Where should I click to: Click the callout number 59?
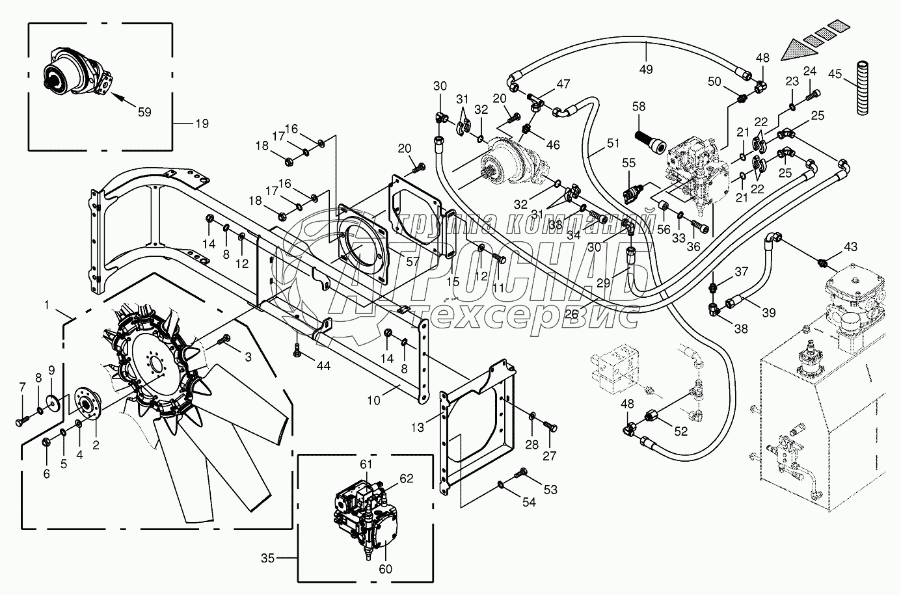pyautogui.click(x=144, y=112)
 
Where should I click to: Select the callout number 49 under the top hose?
pyautogui.click(x=645, y=70)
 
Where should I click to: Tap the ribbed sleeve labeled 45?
pyautogui.click(x=861, y=87)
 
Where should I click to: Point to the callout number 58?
pyautogui.click(x=638, y=107)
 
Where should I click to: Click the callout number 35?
pyautogui.click(x=267, y=559)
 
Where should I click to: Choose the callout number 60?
pyautogui.click(x=385, y=569)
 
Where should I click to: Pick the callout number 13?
pyautogui.click(x=417, y=427)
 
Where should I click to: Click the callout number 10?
pyautogui.click(x=373, y=401)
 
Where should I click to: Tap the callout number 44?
pyautogui.click(x=323, y=365)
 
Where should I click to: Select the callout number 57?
pyautogui.click(x=412, y=261)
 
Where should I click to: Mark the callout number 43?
pyautogui.click(x=850, y=246)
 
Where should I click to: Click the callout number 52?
pyautogui.click(x=680, y=431)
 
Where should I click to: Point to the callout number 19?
pyautogui.click(x=202, y=124)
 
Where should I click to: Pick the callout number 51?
pyautogui.click(x=613, y=143)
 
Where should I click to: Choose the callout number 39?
pyautogui.click(x=769, y=312)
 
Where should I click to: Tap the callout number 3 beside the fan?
pyautogui.click(x=248, y=356)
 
